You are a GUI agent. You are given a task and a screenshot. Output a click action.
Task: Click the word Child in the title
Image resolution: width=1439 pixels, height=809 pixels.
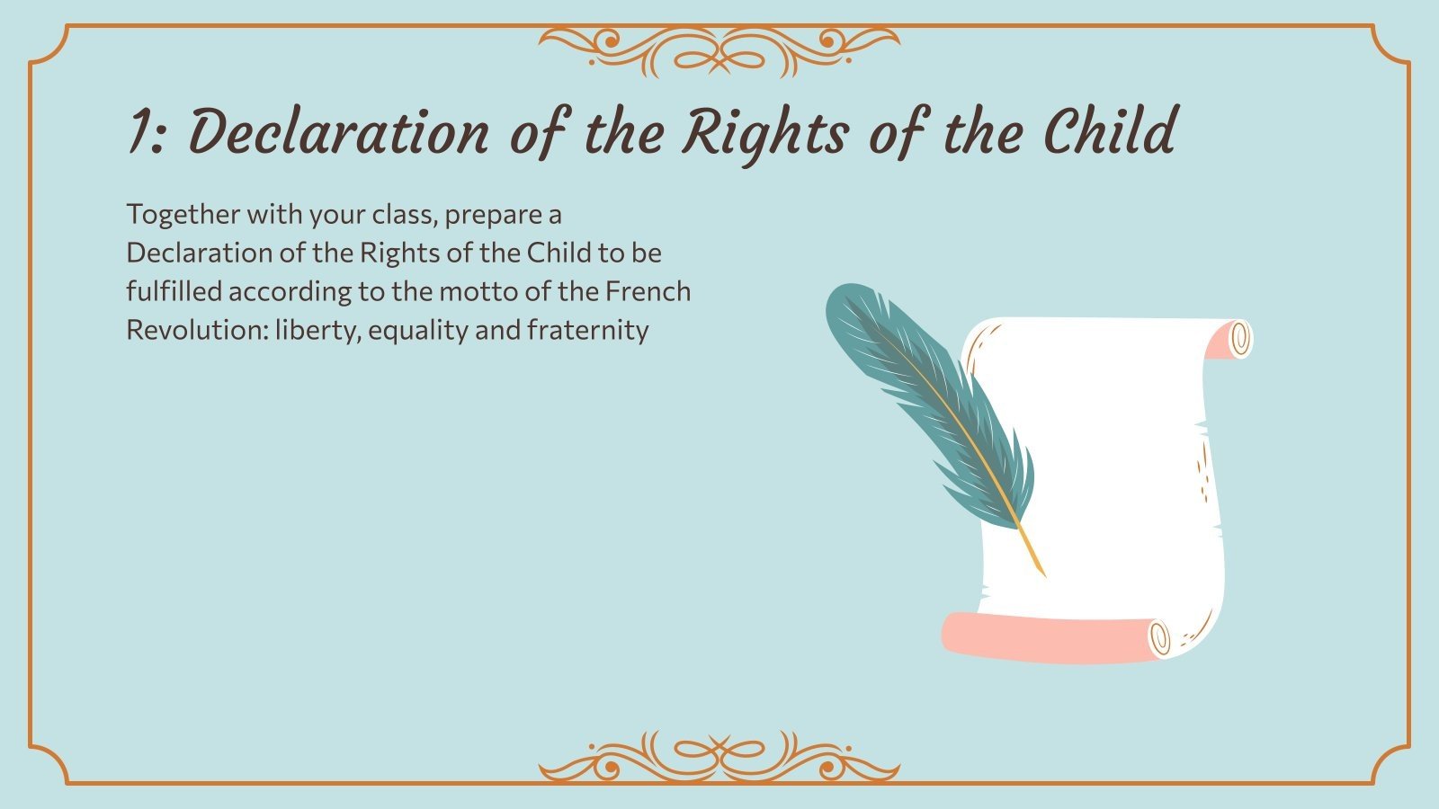coord(1109,132)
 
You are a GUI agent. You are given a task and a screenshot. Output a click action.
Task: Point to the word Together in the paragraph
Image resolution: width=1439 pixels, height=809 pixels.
coord(183,215)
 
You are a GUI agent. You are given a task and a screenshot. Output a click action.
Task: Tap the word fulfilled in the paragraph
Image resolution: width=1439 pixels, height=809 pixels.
coord(174,291)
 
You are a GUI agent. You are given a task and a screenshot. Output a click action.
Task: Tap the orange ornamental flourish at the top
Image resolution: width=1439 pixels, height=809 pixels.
coord(719,49)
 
